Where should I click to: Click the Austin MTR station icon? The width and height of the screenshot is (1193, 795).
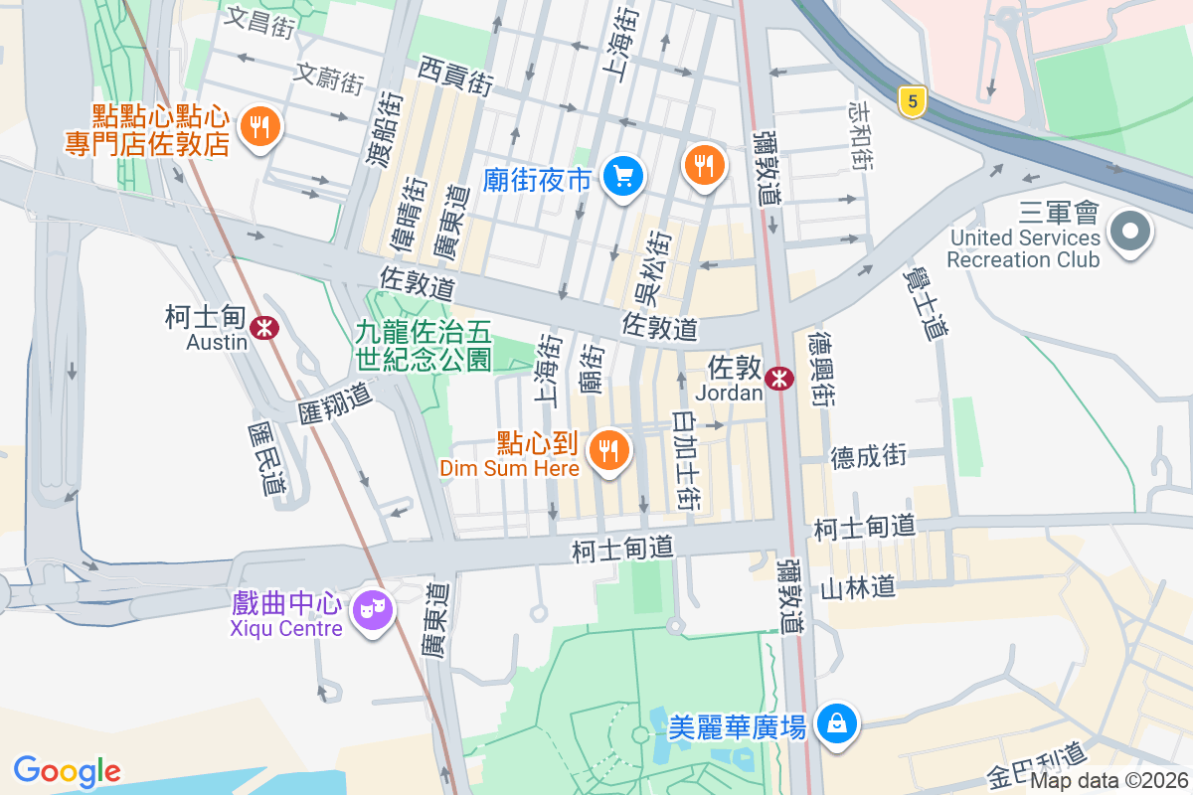[x=264, y=327]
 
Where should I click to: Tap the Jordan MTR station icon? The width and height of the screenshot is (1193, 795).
[x=780, y=377]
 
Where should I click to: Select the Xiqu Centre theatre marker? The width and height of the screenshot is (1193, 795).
[x=374, y=607]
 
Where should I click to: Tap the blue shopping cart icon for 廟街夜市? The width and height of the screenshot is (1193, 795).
[x=623, y=178]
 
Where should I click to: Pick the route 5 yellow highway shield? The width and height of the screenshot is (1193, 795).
[x=911, y=100]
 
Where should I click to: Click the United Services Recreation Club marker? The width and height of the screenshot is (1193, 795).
[x=1129, y=234]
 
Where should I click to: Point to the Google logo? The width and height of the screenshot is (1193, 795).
[x=67, y=771]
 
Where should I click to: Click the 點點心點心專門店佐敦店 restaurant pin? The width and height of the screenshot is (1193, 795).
[x=260, y=126]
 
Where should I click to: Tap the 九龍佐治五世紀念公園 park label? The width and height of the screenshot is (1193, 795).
[x=424, y=344]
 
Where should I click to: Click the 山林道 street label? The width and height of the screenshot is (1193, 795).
[x=858, y=588]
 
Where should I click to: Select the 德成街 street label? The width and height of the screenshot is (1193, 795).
[x=869, y=456]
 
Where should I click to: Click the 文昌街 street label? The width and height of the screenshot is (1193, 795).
[x=260, y=23]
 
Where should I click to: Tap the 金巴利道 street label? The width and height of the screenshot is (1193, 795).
[x=1037, y=764]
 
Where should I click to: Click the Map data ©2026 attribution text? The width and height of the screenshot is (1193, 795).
[x=1108, y=781]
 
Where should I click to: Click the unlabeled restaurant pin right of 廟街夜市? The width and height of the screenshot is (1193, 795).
[x=705, y=164]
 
